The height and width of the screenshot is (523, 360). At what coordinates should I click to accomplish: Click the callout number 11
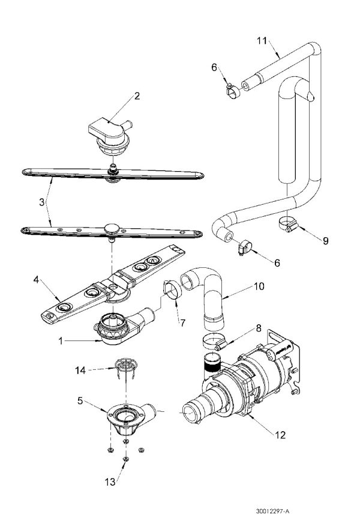click(x=262, y=41)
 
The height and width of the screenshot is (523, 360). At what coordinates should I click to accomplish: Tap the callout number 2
click(x=137, y=96)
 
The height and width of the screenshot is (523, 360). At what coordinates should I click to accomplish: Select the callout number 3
click(x=41, y=202)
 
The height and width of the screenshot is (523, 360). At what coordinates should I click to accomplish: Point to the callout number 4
click(x=36, y=279)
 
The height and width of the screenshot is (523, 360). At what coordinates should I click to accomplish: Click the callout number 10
click(x=259, y=286)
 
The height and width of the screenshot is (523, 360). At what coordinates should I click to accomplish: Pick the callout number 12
click(x=280, y=435)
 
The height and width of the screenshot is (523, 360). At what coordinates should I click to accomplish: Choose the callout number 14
click(x=80, y=370)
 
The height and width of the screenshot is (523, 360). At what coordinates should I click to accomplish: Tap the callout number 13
click(x=110, y=482)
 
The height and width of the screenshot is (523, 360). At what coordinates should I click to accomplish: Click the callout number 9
click(x=326, y=241)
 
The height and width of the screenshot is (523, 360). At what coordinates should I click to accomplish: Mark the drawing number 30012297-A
click(x=272, y=512)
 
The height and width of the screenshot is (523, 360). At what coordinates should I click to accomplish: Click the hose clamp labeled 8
click(x=215, y=342)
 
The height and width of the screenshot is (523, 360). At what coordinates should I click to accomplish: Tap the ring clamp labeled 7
click(x=172, y=290)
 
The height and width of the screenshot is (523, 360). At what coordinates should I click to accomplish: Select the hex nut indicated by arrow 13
click(x=125, y=459)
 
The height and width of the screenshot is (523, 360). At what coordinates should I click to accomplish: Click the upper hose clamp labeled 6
click(x=233, y=91)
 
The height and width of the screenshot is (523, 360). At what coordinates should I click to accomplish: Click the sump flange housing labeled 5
click(x=128, y=419)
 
